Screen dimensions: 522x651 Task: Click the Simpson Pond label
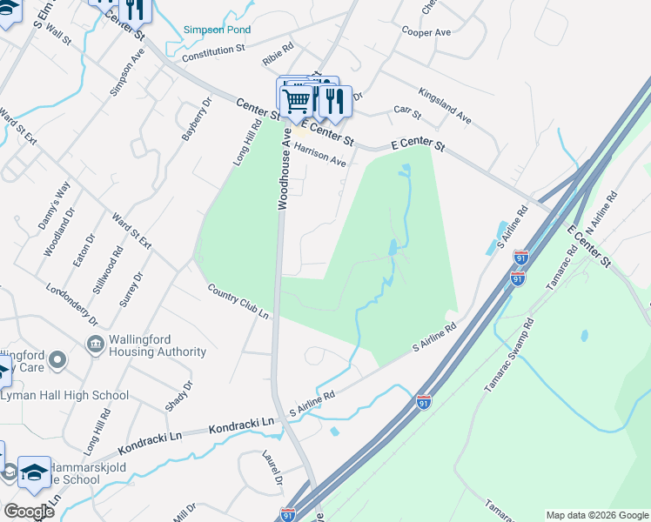(217, 30)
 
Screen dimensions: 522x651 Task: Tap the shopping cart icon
(296, 101)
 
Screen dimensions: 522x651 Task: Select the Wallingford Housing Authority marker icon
(95, 345)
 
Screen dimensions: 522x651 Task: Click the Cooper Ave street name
(426, 31)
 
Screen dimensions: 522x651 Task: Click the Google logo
(28, 512)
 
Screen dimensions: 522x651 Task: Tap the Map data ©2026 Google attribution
(596, 515)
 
